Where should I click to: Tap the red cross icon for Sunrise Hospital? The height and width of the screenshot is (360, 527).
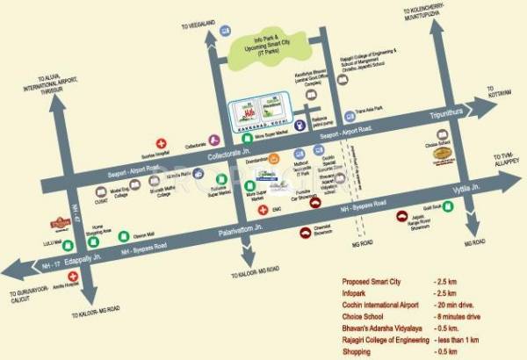coord(160,142)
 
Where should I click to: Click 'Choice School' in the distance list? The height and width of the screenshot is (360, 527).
coord(367,313)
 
